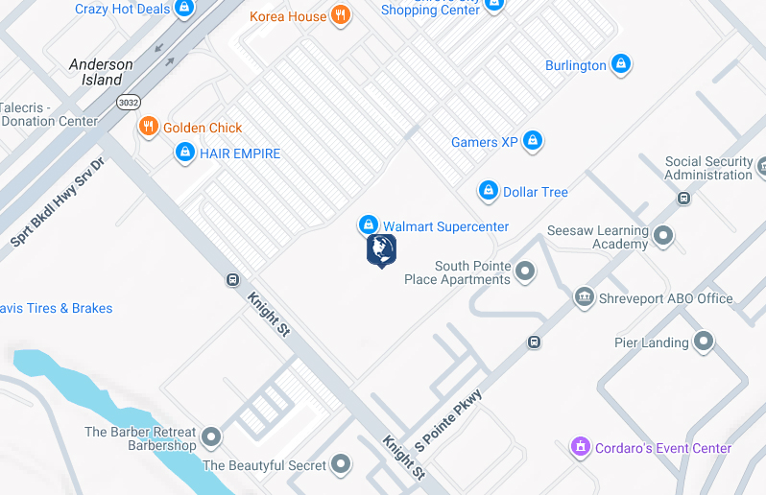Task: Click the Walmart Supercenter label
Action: click(445, 226)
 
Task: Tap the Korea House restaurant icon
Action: click(340, 15)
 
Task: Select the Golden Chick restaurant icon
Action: click(148, 127)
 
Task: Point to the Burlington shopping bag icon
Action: click(621, 64)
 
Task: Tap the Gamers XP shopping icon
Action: click(533, 142)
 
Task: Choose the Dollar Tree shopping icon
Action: click(489, 191)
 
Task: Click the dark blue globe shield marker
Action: click(381, 249)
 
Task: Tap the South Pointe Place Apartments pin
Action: click(525, 271)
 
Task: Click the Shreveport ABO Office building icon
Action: click(584, 297)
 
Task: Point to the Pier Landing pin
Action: click(704, 342)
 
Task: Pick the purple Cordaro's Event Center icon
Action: click(580, 447)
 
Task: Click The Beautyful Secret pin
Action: click(342, 465)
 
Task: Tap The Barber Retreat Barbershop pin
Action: click(211, 437)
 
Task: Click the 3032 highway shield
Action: click(127, 101)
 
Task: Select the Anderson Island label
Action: click(101, 72)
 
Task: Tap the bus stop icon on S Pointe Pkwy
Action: click(534, 342)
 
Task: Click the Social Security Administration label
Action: click(708, 168)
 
